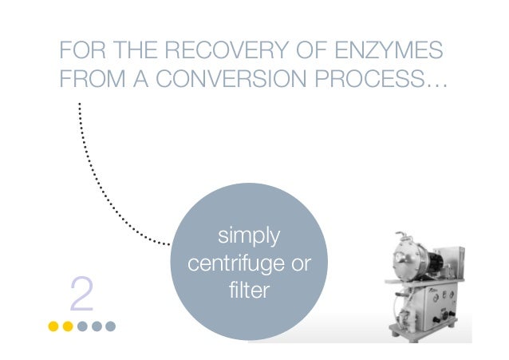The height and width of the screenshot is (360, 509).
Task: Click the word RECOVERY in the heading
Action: (x=227, y=49)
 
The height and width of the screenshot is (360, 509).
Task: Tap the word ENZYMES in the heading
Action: (x=389, y=49)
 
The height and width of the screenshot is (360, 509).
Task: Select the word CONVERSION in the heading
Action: (x=231, y=78)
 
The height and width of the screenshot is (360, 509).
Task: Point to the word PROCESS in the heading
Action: (x=369, y=78)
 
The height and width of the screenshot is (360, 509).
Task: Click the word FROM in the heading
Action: (x=93, y=78)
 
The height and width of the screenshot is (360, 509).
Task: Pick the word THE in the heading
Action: (x=136, y=49)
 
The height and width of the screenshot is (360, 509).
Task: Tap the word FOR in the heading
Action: (x=82, y=49)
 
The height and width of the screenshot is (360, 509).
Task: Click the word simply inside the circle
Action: (x=249, y=236)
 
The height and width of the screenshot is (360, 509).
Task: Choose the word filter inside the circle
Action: (x=249, y=290)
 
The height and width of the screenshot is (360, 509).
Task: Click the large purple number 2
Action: (x=81, y=294)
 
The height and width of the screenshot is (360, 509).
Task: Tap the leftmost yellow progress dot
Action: (x=53, y=326)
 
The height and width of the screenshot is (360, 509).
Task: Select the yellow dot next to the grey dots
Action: (x=68, y=326)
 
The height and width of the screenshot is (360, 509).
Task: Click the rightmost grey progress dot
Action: (x=110, y=326)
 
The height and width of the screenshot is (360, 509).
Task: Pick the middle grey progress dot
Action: (x=97, y=326)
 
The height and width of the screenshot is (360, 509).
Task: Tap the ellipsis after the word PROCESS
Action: (x=436, y=85)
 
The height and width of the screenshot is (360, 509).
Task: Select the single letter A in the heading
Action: (x=140, y=78)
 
